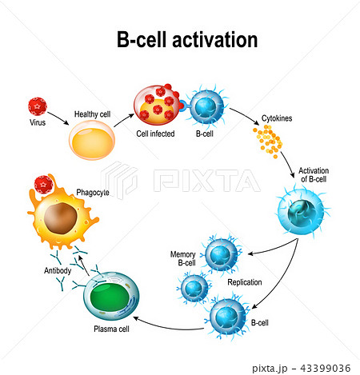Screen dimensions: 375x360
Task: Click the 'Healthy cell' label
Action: pyautogui.click(x=93, y=114)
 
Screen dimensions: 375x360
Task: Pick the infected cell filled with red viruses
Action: pyautogui.click(x=154, y=105)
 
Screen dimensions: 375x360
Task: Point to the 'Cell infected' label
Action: pyautogui.click(x=155, y=133)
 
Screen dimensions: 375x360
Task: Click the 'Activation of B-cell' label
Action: pyautogui.click(x=314, y=176)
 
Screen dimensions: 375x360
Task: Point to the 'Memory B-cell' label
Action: pyautogui.click(x=182, y=258)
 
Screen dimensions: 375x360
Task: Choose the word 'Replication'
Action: pyautogui.click(x=244, y=282)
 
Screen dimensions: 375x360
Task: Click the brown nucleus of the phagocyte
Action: pyautogui.click(x=61, y=217)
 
